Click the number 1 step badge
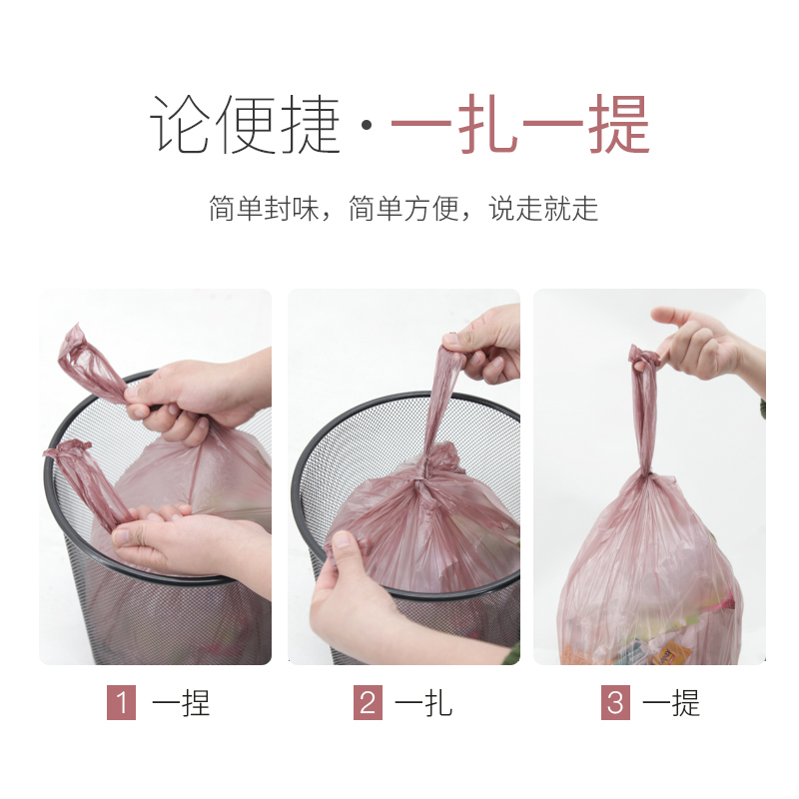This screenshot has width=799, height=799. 121,702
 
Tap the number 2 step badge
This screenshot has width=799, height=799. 368,702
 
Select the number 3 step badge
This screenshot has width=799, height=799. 615,702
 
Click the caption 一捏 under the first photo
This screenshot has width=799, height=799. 181,703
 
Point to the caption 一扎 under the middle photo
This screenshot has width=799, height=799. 423,703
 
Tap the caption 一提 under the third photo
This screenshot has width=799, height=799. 671,703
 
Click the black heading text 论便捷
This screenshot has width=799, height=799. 245,124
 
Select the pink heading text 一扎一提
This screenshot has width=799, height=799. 520,124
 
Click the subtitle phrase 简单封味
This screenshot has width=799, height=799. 264,209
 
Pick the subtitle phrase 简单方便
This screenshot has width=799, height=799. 403,209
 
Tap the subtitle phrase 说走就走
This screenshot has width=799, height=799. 543,209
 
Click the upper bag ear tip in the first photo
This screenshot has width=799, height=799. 77,332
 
